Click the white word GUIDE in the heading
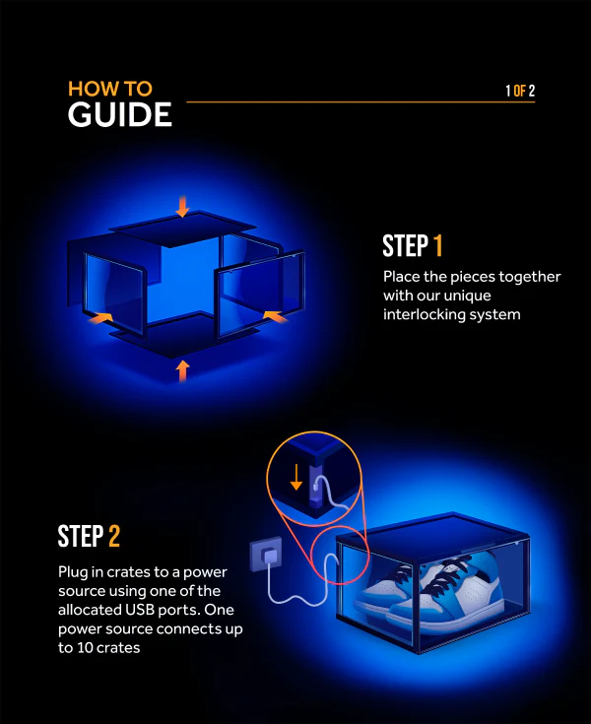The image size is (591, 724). tap(119, 115)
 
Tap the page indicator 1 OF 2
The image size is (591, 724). tap(519, 92)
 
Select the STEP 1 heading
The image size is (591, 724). tap(413, 245)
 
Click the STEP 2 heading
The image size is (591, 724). tap(89, 537)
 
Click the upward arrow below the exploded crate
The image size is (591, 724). tap(181, 370)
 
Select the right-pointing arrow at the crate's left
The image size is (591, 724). tap(100, 318)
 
